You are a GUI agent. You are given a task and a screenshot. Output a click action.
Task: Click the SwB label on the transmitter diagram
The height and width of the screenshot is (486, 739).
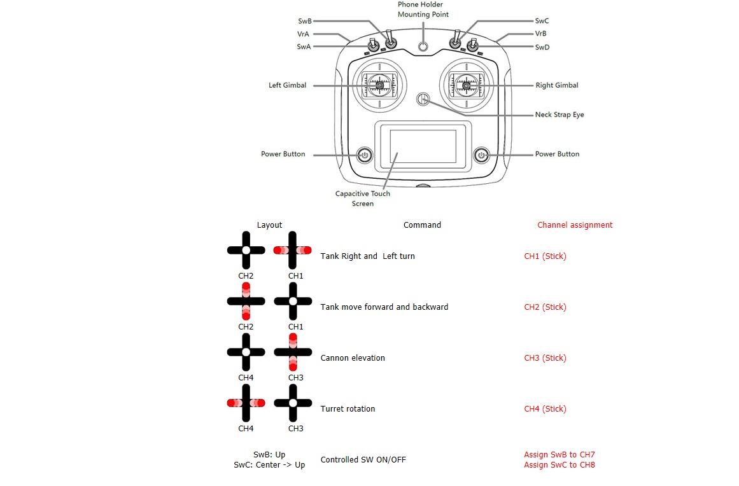(x=304, y=21)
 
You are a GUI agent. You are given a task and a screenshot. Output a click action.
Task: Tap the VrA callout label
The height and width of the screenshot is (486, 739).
(x=304, y=34)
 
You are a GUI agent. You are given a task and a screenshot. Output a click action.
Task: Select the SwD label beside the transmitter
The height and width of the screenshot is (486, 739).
(x=542, y=47)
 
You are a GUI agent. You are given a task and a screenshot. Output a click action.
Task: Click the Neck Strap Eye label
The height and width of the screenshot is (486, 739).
(x=559, y=115)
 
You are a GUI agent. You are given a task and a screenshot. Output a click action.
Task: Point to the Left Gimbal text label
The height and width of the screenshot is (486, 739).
(x=287, y=85)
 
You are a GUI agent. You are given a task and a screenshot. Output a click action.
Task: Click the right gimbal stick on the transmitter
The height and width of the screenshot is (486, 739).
(x=467, y=85)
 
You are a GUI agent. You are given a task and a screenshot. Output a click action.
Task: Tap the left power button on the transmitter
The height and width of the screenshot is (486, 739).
(x=365, y=155)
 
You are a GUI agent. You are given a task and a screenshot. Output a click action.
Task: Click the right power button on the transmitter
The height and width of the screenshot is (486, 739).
(x=482, y=155)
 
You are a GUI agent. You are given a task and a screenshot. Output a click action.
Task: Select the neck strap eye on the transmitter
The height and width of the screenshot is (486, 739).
(x=423, y=99)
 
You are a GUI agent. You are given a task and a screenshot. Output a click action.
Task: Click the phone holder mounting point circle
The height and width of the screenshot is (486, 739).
(x=423, y=46)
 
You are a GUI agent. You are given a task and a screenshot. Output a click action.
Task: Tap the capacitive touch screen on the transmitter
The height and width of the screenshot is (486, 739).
(x=423, y=149)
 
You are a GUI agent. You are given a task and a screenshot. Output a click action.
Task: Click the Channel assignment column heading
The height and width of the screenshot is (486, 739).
(x=575, y=225)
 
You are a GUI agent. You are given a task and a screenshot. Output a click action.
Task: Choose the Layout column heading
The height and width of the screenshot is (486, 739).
(x=269, y=225)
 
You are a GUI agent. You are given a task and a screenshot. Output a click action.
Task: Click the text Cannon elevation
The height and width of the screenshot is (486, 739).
(x=353, y=358)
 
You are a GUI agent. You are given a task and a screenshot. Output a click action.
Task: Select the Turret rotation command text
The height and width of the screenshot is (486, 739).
(x=348, y=409)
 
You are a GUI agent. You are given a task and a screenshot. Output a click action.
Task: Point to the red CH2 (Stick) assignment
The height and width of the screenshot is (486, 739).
(x=545, y=307)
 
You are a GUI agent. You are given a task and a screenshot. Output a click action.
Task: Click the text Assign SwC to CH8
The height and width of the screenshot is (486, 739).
(x=559, y=465)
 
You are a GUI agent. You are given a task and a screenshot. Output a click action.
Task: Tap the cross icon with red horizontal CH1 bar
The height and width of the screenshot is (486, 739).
(x=293, y=250)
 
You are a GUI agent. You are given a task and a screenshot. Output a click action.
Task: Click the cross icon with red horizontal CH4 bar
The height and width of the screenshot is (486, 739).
(x=246, y=403)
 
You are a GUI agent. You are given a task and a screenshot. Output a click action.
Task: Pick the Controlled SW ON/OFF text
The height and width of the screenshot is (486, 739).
(x=363, y=460)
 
